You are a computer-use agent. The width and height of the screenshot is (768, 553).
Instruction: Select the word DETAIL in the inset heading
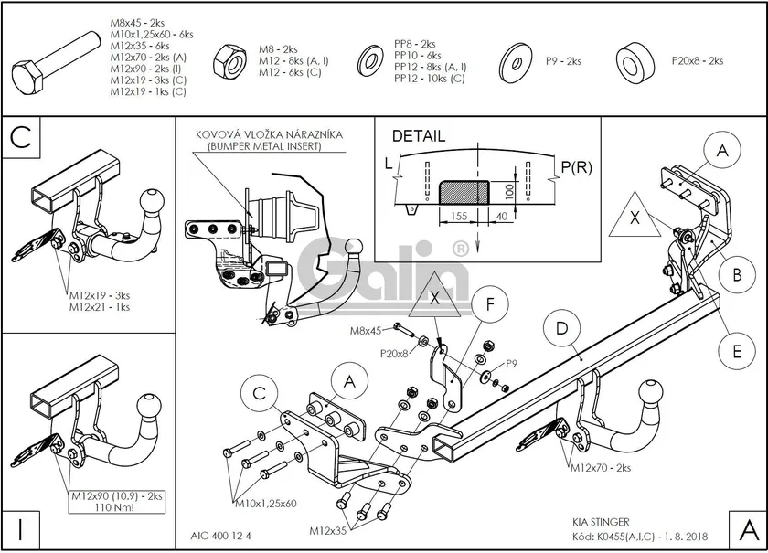click(x=419, y=136)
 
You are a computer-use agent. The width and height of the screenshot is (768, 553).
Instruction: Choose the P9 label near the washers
click(x=512, y=364)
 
